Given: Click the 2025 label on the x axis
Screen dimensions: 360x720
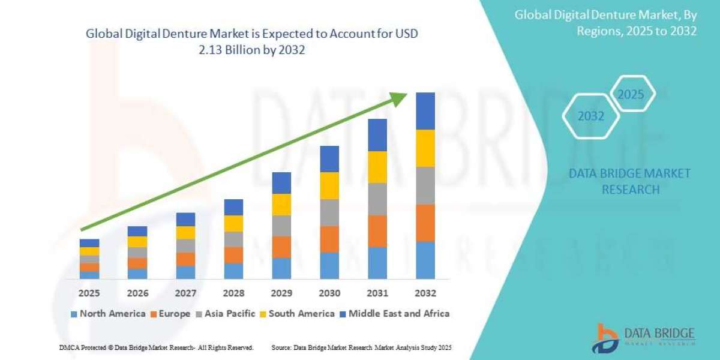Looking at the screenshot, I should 89,293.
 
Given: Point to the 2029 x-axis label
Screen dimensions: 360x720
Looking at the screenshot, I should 281,293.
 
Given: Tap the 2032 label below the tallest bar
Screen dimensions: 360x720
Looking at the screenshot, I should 425,293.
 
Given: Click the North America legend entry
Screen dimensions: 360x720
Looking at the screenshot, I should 108,314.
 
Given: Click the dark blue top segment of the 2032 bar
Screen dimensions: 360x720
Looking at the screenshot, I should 425,111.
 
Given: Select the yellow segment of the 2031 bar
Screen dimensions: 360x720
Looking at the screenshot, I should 377,167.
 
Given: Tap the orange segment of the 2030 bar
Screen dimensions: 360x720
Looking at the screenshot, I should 329,239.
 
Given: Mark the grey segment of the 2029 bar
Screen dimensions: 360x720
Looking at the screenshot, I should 281,226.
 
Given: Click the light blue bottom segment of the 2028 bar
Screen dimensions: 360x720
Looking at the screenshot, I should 233,271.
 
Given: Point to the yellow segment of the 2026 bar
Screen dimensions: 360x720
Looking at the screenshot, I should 137,242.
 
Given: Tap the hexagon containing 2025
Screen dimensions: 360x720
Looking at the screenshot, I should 631,94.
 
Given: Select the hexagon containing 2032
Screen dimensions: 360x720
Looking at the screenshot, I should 591,116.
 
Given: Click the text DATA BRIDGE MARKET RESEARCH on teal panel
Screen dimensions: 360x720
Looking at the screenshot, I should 629,181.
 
